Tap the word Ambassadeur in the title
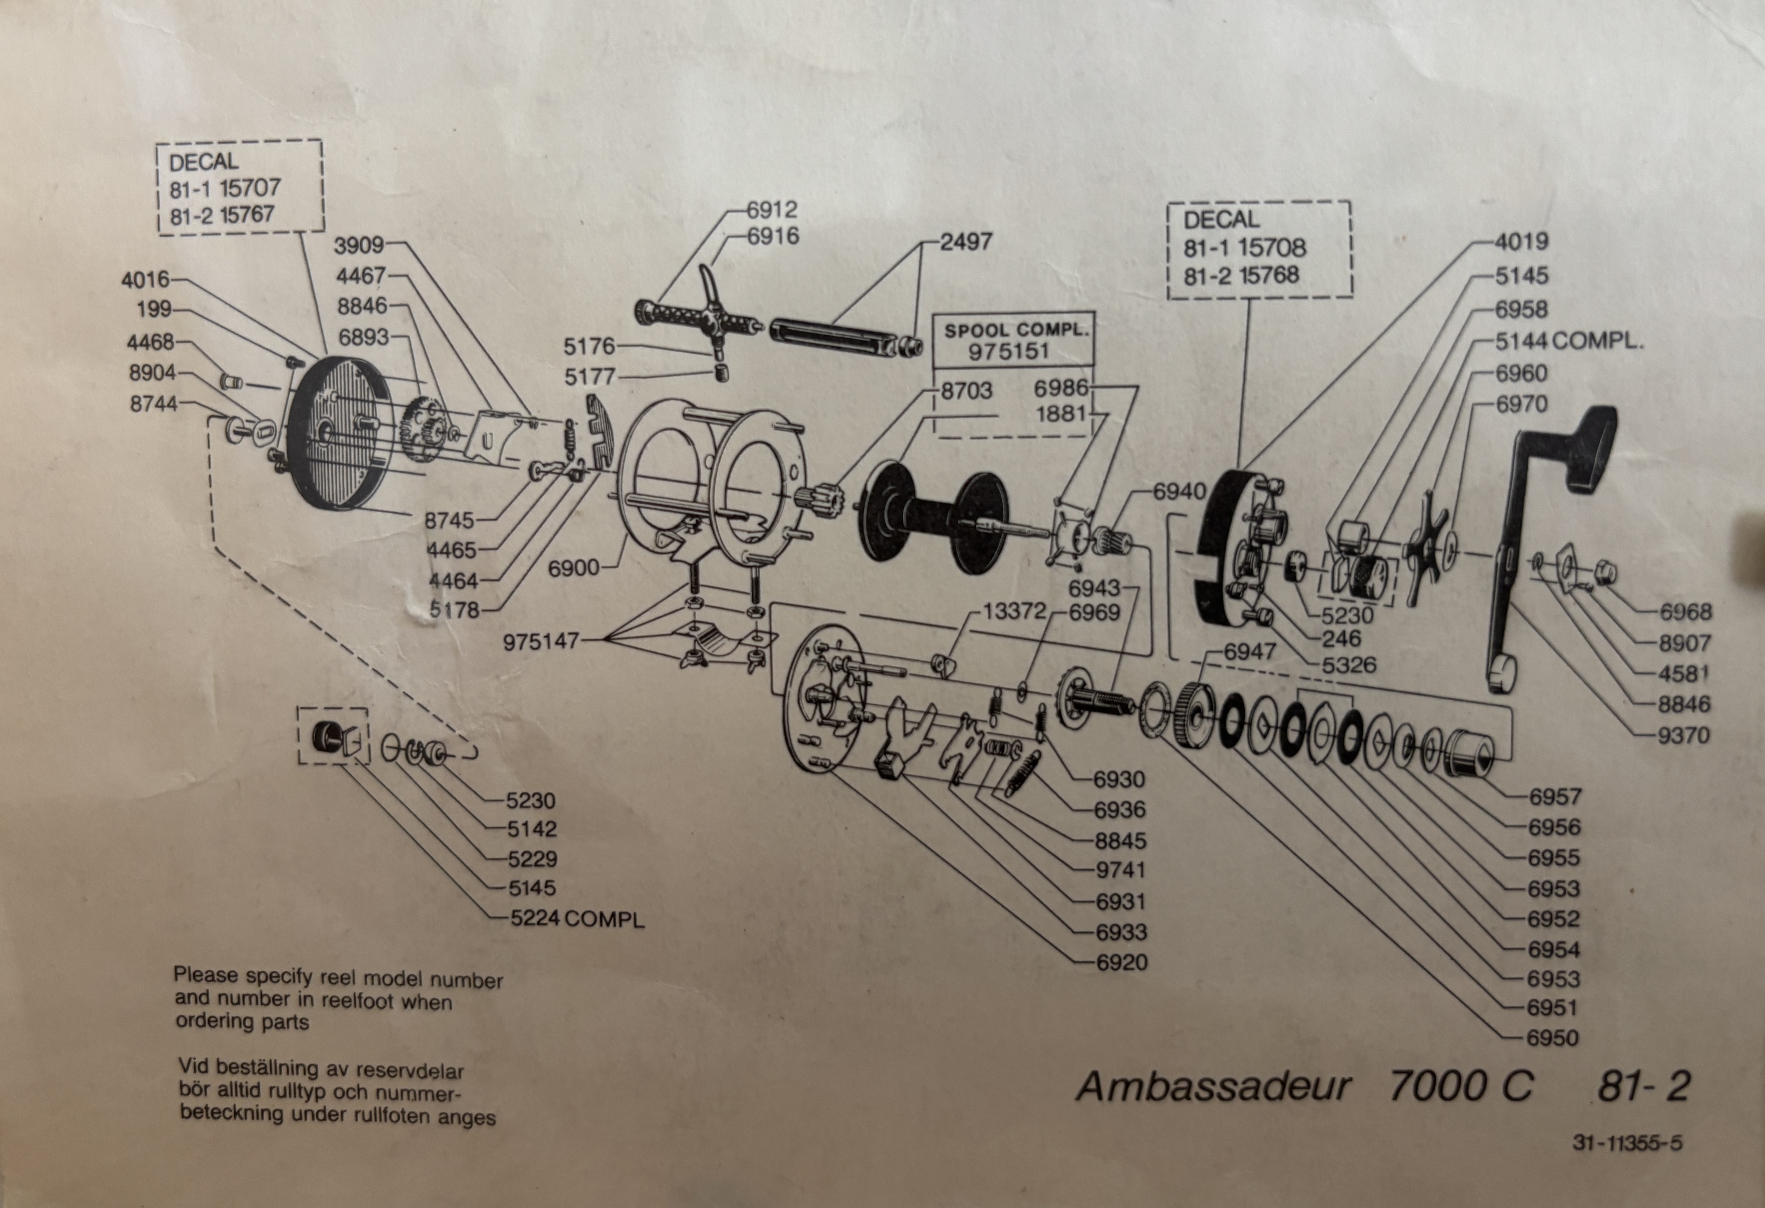click(1213, 1087)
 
